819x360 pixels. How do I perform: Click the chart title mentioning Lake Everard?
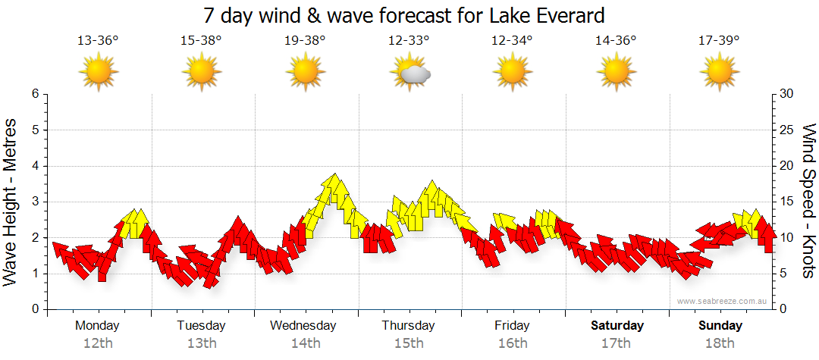(x=403, y=15)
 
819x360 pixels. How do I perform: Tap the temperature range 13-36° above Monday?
(x=98, y=41)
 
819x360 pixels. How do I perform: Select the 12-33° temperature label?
(x=409, y=41)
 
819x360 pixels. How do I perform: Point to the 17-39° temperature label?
(x=719, y=41)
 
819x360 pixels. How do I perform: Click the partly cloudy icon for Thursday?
(x=410, y=73)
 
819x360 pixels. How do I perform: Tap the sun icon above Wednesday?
(x=305, y=73)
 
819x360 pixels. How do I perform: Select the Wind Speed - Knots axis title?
(x=808, y=202)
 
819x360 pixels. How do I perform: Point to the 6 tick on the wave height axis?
(x=35, y=94)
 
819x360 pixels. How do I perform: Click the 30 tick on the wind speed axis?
(x=786, y=94)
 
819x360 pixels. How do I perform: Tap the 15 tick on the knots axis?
(x=786, y=202)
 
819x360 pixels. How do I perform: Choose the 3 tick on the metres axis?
(x=35, y=202)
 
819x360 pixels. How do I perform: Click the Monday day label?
(x=98, y=326)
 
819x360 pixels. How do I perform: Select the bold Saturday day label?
(x=617, y=326)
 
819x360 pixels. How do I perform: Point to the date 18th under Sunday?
(x=720, y=343)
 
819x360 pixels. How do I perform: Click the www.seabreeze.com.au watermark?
(x=723, y=301)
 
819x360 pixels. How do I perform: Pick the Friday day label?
(x=512, y=326)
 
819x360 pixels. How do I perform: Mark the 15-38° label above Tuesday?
(x=201, y=41)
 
